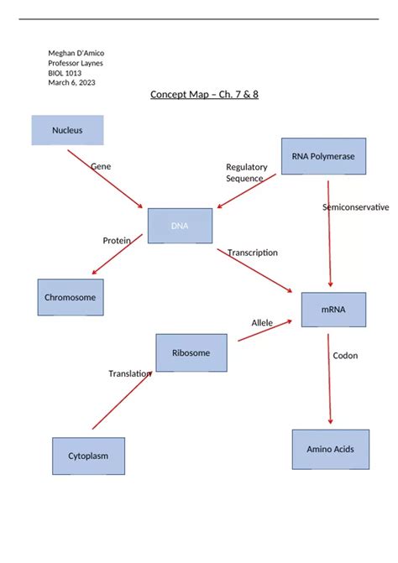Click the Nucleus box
coord(67,130)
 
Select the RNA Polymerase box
coord(323,156)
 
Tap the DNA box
coord(180,226)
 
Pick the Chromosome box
coord(71,297)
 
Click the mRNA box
coord(333,310)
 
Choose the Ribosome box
coord(191,352)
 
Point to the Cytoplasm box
coord(88,456)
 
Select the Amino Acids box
coord(330,449)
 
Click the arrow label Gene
coord(101,166)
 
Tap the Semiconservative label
coord(355,206)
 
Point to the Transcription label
coord(252,253)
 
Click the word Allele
coord(262,322)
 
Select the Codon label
coord(345,356)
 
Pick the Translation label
coord(129,373)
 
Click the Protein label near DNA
coord(117,241)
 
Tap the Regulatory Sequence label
coord(246,173)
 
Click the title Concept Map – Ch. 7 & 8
coord(204,94)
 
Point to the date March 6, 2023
coord(71,82)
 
